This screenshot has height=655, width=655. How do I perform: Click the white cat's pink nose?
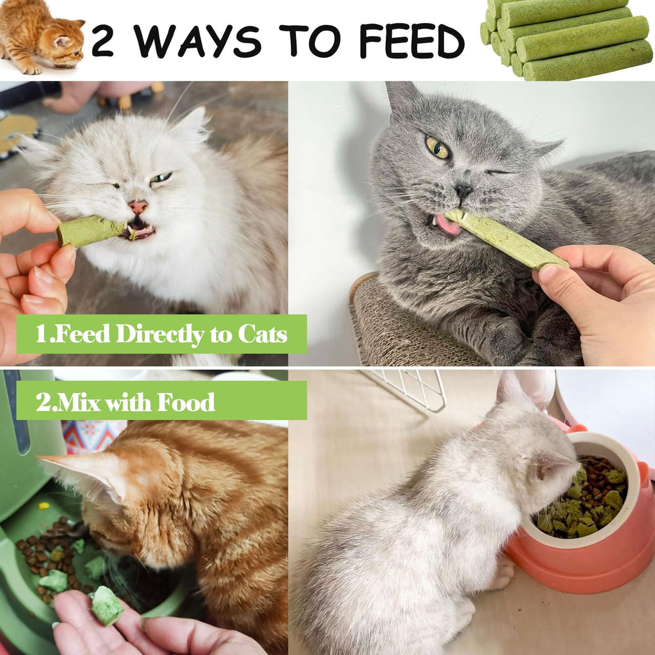coord(138,207)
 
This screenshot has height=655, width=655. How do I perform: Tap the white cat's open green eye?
coord(161,178)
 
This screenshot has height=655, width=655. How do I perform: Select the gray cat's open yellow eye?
coord(438,147)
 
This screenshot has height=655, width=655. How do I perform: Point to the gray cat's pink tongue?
coord(447,225)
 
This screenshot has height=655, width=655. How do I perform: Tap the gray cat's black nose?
coord(464,191)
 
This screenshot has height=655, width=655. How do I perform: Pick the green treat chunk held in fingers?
coord(106,605)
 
